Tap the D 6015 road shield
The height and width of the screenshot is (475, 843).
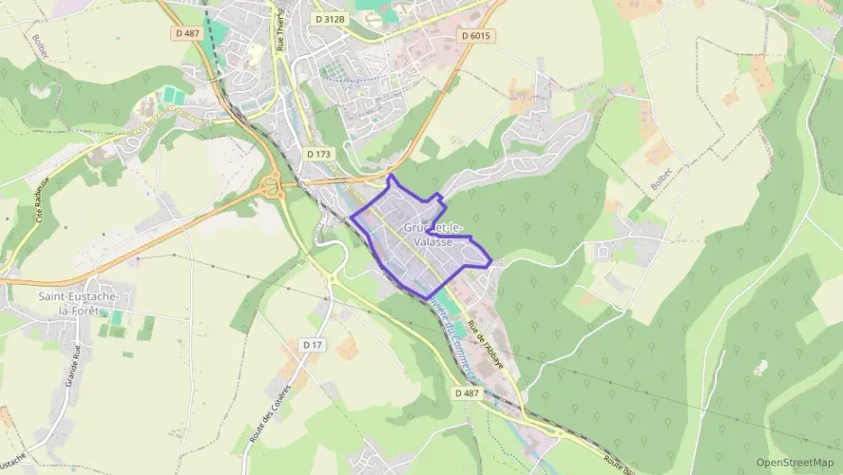pos(476,36)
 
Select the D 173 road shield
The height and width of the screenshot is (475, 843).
pos(319,154)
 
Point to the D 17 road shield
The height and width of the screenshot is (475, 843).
pos(313,344)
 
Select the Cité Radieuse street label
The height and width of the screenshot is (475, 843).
pos(41,205)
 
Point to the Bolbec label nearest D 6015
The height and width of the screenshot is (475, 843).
pos(661,181)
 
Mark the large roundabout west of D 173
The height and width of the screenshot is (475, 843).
pos(269,187)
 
